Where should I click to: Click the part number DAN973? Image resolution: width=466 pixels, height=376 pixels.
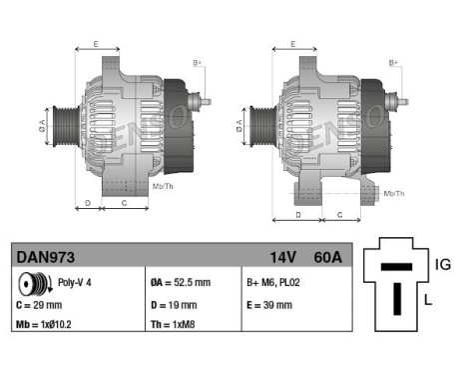46,258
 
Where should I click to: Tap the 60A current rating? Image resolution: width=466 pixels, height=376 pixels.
326,258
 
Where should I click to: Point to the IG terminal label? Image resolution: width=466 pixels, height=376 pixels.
443,264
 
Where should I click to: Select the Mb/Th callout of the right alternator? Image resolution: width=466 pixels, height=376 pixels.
394,192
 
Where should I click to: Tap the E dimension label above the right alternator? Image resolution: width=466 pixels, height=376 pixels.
291,44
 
